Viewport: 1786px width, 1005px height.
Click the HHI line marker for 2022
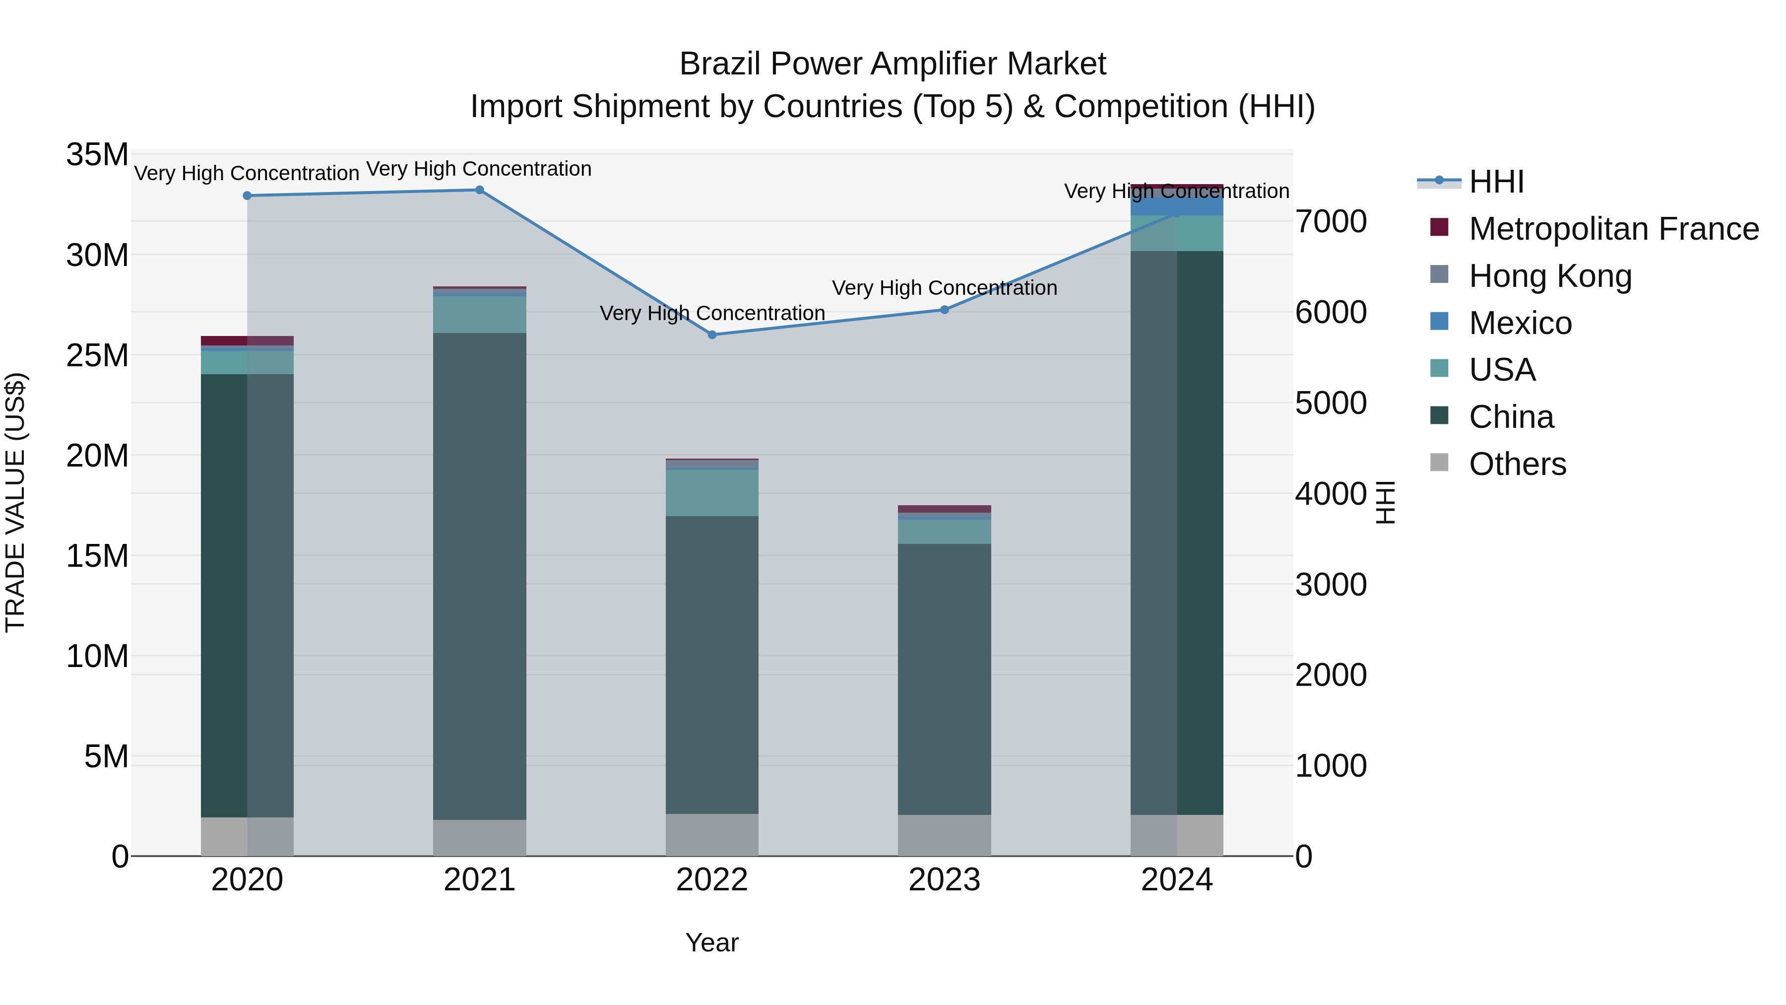tap(712, 335)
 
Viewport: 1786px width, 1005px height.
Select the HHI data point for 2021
tap(480, 190)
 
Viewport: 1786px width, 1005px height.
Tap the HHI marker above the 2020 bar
tap(248, 196)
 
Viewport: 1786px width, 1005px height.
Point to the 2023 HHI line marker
tap(944, 310)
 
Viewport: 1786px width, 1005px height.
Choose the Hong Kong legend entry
tap(1550, 276)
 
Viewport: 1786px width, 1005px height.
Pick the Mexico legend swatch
tap(1439, 322)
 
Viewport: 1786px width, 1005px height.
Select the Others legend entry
tap(1518, 464)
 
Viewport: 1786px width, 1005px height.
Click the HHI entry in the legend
tap(1496, 182)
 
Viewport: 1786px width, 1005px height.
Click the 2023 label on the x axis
tap(944, 880)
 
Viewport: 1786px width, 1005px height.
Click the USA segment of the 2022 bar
tap(712, 493)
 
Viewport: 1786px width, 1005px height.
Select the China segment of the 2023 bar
tap(944, 680)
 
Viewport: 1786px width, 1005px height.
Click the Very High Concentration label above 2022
tap(712, 314)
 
